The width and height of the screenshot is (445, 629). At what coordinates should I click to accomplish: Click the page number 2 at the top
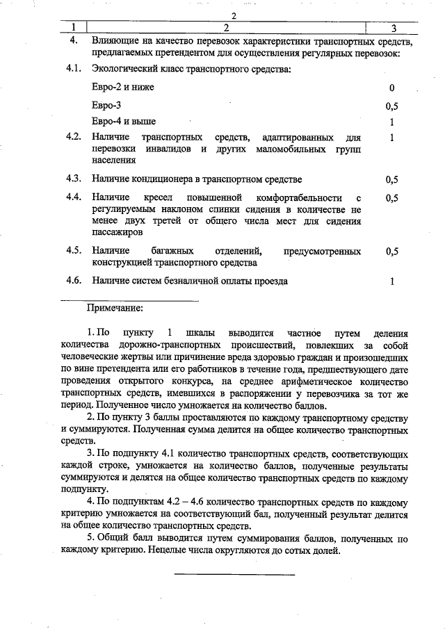click(x=234, y=16)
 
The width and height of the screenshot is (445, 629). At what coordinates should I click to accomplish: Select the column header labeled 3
click(x=393, y=28)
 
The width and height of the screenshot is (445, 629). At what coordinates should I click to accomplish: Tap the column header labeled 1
click(x=73, y=28)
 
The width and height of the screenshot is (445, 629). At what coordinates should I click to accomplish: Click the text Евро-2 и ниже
click(x=122, y=88)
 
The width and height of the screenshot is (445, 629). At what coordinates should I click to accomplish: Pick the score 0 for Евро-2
click(x=392, y=88)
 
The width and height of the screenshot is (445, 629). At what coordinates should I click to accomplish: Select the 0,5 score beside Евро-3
click(x=392, y=107)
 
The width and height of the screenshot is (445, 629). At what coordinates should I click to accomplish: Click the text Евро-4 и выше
click(x=123, y=121)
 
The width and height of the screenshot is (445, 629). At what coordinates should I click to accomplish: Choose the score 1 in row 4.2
click(x=393, y=138)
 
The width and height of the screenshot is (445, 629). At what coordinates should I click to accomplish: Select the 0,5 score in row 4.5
click(x=392, y=252)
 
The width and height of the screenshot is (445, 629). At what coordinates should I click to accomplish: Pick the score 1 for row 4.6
click(x=393, y=281)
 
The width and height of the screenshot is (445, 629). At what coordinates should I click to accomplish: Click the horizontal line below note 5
click(x=234, y=574)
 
